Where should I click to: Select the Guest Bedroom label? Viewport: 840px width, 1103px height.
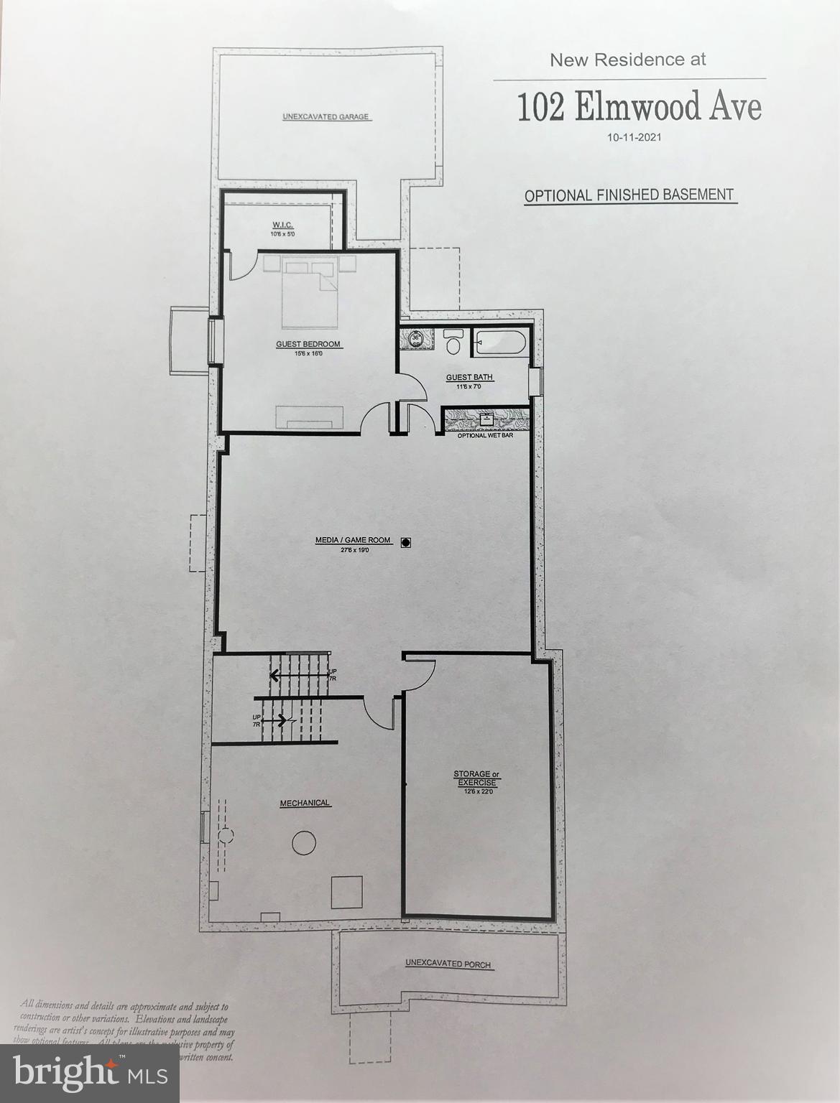(x=308, y=344)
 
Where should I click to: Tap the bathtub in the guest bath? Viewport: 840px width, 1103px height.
(x=501, y=343)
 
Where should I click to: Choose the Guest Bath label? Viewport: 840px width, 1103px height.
(x=470, y=377)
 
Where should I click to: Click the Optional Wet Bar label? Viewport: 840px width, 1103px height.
(x=485, y=435)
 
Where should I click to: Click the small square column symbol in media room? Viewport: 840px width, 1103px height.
(x=406, y=543)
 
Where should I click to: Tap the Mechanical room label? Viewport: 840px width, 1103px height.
(x=305, y=803)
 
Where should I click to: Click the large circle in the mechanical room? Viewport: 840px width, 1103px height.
(x=304, y=841)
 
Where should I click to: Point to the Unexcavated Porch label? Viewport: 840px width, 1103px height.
(x=448, y=963)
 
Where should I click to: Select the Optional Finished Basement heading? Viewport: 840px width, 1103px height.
(x=629, y=195)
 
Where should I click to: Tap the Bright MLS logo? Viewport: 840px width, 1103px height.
(x=90, y=1073)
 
